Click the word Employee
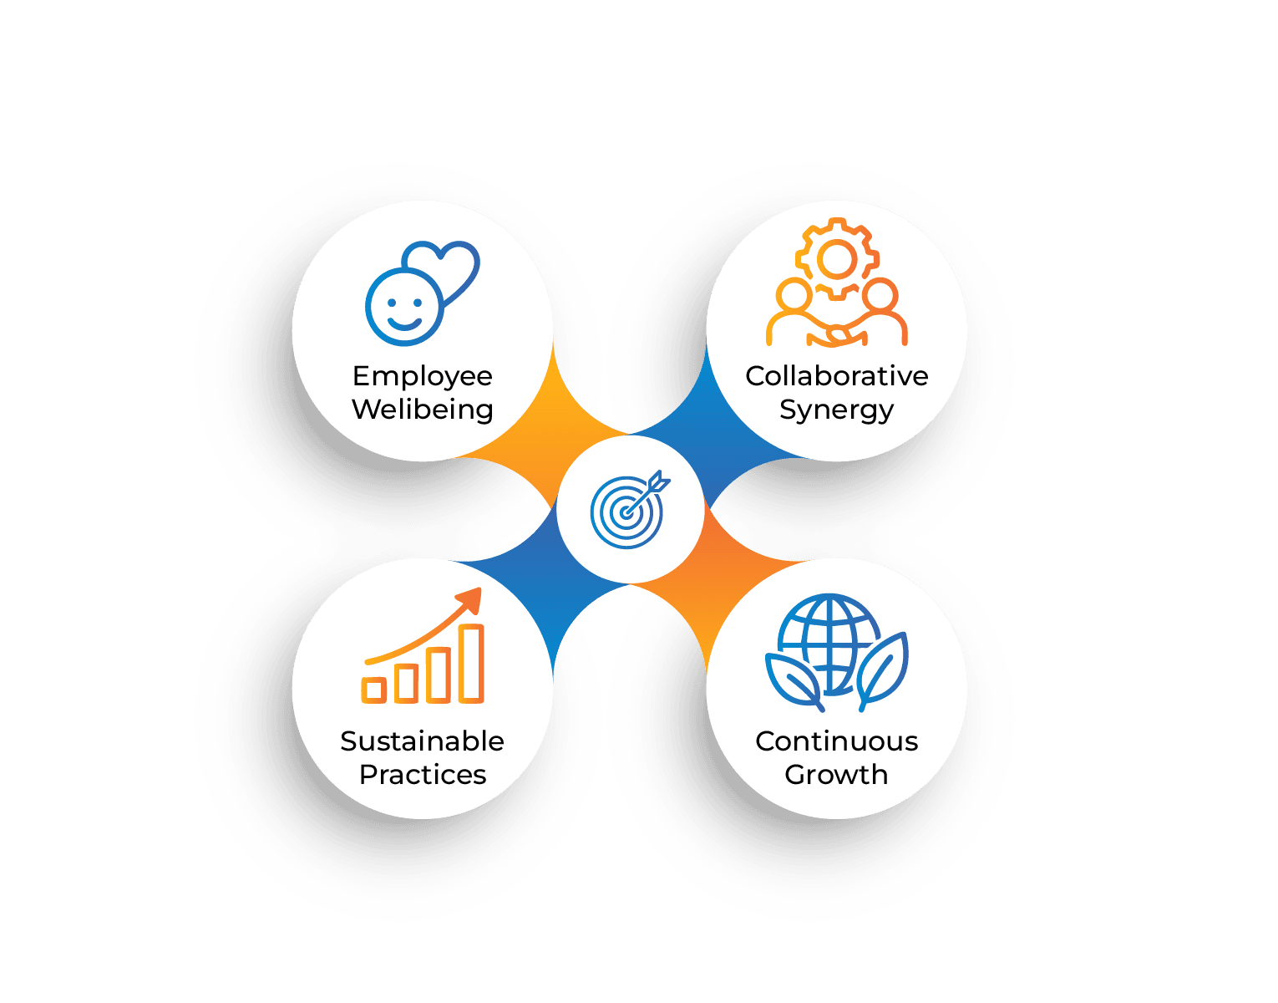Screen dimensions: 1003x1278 coord(422,377)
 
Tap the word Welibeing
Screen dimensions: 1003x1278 coord(422,410)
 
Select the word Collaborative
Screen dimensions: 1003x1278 coord(836,376)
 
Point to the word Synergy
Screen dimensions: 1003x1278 coord(836,410)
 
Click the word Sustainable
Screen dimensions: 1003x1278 coord(422,741)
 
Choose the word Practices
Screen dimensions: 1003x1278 coord(422,775)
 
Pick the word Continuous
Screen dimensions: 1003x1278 coord(836,741)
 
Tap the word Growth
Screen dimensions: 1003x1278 coord(836,775)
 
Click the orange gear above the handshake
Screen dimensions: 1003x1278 coord(836,260)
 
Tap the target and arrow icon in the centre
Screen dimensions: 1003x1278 coord(629,509)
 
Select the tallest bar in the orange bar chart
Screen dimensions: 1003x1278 coord(472,663)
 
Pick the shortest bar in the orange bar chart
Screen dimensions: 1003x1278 coord(373,690)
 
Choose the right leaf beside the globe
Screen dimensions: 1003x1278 coord(882,669)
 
